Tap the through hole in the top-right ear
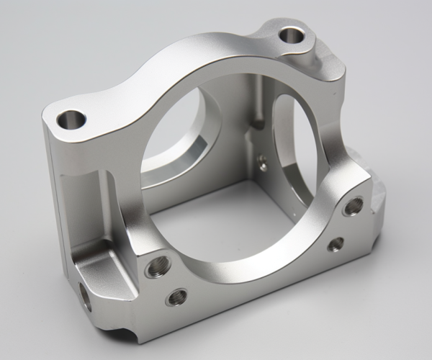click(292, 34)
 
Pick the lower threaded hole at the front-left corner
click(176, 297)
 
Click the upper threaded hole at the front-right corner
click(353, 207)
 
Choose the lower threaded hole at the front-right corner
click(336, 245)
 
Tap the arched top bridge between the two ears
click(180, 65)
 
